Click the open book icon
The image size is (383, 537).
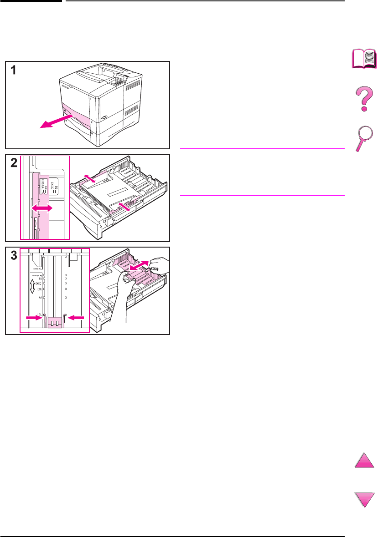coord(364,60)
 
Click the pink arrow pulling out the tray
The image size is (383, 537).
coord(53,122)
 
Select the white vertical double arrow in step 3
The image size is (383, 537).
coord(32,286)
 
